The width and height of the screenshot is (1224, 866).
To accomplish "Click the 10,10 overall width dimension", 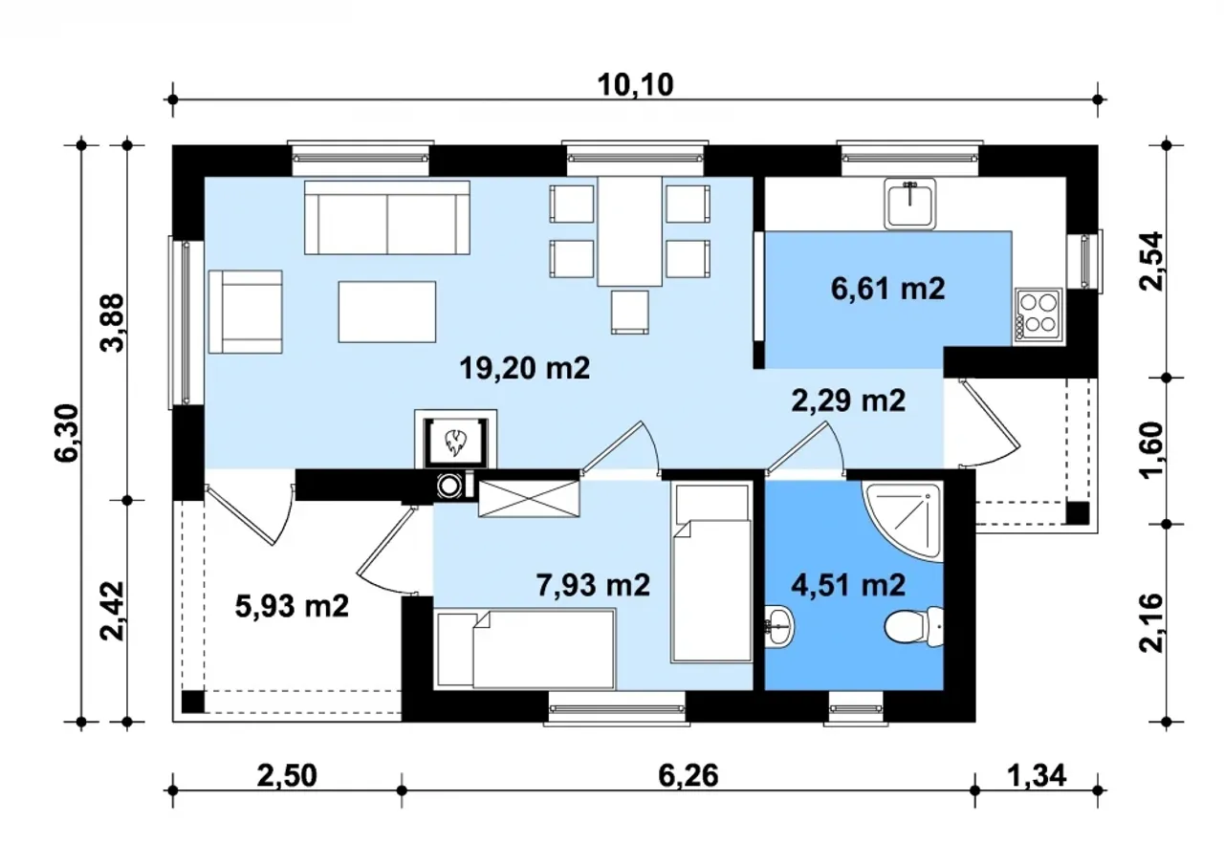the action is coord(635,86).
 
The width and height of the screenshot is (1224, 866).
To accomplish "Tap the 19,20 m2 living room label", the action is coord(525,368).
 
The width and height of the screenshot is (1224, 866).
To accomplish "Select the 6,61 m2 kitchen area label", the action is coord(888,289).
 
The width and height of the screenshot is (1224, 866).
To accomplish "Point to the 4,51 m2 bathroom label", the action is coord(848,585).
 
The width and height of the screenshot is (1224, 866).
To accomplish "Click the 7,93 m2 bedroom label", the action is coord(593,585).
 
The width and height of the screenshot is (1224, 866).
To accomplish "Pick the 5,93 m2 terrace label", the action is coord(292,607).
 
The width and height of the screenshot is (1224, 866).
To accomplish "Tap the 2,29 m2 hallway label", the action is coord(848,401).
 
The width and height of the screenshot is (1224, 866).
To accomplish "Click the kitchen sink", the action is coord(909,204).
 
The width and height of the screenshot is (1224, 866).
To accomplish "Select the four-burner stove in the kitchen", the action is coord(1038,315).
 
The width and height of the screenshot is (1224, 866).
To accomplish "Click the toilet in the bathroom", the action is coord(913,627).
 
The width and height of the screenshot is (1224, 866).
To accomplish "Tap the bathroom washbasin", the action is coord(779,627).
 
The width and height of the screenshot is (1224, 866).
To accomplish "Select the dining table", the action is coord(629,231).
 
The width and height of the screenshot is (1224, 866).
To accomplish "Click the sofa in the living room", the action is coord(387,218).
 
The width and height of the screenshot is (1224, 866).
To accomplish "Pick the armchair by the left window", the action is coord(246,312).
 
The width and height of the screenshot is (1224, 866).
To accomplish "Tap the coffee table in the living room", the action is coord(387,312).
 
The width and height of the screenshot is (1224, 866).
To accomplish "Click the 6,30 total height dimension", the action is coord(67,433).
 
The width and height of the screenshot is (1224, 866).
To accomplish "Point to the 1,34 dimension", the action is coord(1037,776).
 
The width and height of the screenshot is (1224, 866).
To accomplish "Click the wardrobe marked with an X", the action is coord(529,499).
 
